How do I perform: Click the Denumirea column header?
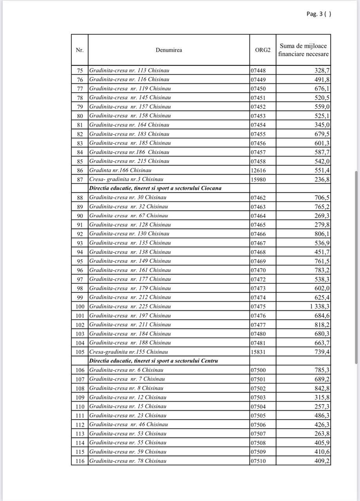(168, 50)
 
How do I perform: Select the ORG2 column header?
(262, 50)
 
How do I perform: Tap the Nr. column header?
(80, 50)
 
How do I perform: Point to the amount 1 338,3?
(320, 306)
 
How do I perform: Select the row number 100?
(80, 306)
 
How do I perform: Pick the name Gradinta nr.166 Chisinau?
(120, 170)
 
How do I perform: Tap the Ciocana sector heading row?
(156, 188)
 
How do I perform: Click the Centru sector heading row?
(154, 361)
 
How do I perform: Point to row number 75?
(80, 70)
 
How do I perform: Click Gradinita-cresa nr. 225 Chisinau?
(130, 306)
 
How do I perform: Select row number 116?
(80, 461)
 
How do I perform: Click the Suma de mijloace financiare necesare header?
(303, 50)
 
